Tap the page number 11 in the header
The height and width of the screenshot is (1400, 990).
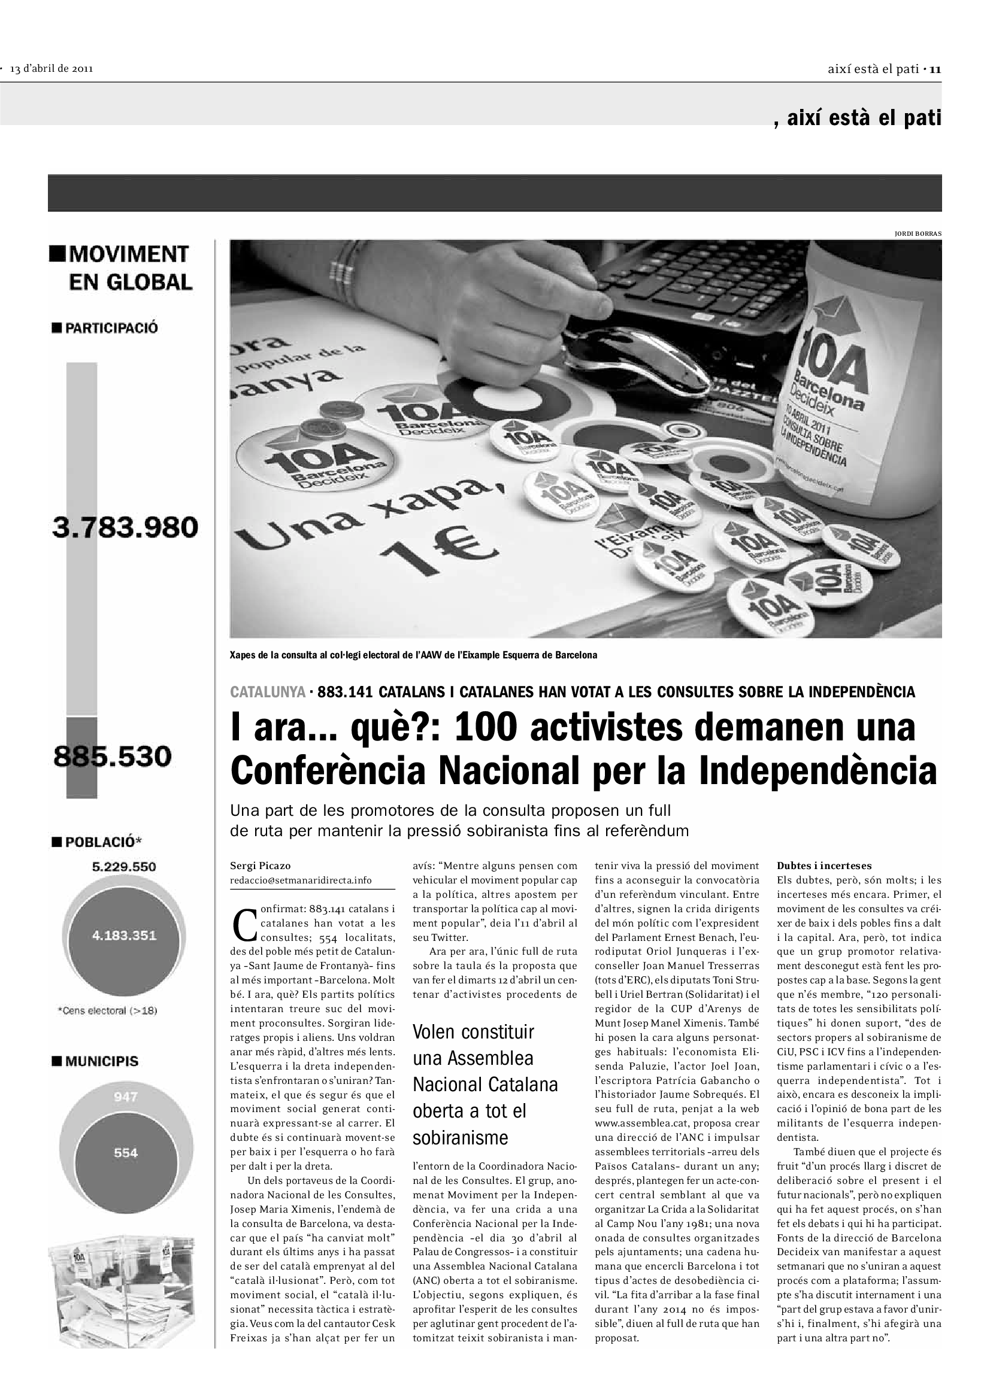pyautogui.click(x=935, y=69)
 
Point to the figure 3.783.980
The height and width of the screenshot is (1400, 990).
pyautogui.click(x=125, y=527)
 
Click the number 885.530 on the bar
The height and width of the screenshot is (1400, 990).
pyautogui.click(x=112, y=757)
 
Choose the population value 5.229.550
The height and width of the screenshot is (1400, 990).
pyautogui.click(x=124, y=867)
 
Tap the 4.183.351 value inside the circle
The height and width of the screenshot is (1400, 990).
pyautogui.click(x=125, y=936)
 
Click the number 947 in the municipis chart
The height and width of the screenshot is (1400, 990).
pyautogui.click(x=125, y=1098)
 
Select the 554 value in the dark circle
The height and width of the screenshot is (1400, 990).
pyautogui.click(x=126, y=1152)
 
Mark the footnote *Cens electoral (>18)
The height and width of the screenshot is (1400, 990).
pyautogui.click(x=107, y=1010)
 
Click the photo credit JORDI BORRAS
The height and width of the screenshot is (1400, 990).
pyautogui.click(x=918, y=233)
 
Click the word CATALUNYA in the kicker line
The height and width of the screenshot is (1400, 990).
pyautogui.click(x=267, y=692)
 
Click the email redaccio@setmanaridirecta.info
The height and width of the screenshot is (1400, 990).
pyautogui.click(x=300, y=880)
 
